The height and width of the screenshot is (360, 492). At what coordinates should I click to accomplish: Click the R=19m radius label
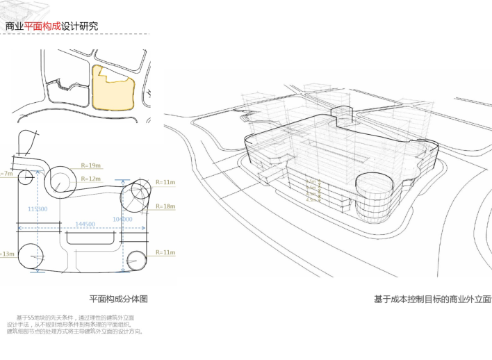[91, 166]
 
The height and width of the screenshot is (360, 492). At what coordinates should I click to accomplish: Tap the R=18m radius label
[165, 206]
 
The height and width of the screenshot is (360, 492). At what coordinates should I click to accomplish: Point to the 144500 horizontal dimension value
[83, 224]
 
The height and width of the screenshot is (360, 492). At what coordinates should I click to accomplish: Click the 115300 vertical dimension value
[38, 208]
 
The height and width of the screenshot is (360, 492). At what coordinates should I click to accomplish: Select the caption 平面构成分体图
[118, 299]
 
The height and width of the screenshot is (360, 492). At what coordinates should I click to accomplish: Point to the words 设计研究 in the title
[79, 26]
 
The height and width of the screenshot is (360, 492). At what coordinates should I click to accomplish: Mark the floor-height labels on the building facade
[313, 190]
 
